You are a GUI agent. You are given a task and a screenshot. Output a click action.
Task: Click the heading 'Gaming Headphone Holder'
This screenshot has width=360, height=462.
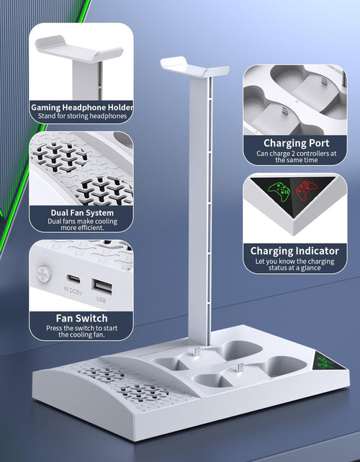pyautogui.click(x=82, y=107)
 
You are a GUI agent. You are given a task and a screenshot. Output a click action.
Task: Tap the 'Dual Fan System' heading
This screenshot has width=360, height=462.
pyautogui.click(x=82, y=213)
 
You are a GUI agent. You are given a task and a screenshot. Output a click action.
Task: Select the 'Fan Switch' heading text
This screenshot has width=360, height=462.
pyautogui.click(x=82, y=319)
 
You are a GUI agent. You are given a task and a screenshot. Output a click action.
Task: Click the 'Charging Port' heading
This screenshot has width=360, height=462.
pyautogui.click(x=297, y=143)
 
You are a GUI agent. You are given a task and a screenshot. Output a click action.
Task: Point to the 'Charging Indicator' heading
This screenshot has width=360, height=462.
pyautogui.click(x=294, y=251)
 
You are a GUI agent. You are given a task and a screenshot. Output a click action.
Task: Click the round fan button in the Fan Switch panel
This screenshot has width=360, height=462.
pyautogui.click(x=45, y=274)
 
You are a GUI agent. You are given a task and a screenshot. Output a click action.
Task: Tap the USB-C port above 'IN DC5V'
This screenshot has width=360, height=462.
pyautogui.click(x=73, y=278)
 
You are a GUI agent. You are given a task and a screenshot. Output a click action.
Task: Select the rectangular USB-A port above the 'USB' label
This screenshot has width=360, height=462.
pyautogui.click(x=102, y=286)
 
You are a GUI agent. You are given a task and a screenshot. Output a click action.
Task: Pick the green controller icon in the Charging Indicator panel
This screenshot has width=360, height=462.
pyautogui.click(x=279, y=192)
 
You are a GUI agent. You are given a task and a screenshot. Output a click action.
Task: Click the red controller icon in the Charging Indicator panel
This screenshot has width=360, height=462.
pyautogui.click(x=306, y=190)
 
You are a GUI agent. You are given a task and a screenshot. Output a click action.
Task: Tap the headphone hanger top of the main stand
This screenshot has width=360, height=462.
pyautogui.click(x=194, y=67)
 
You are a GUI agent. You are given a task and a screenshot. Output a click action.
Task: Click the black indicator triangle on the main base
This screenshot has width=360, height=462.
pyautogui.click(x=329, y=362)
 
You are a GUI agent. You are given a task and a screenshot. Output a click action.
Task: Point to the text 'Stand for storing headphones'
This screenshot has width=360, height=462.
pyautogui.click(x=82, y=116)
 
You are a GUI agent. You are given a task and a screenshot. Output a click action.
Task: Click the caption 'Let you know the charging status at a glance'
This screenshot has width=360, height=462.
pyautogui.click(x=294, y=265)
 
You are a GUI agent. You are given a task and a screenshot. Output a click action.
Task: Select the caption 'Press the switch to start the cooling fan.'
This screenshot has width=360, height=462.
pyautogui.click(x=81, y=332)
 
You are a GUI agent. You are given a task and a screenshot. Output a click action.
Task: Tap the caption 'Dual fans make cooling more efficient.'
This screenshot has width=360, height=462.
pyautogui.click(x=82, y=225)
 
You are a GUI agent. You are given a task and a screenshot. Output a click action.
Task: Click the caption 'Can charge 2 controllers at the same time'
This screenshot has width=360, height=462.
pyautogui.click(x=297, y=156)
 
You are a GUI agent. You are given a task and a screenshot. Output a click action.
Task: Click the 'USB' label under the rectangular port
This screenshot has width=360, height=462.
pyautogui.click(x=101, y=299)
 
